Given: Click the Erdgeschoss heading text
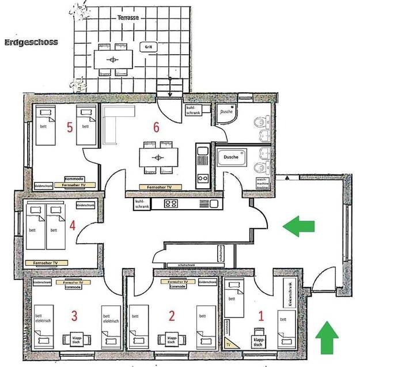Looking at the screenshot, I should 31,42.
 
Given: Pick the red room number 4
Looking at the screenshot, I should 73,225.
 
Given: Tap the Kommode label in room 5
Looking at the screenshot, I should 74,179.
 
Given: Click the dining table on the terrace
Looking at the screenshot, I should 113,59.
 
